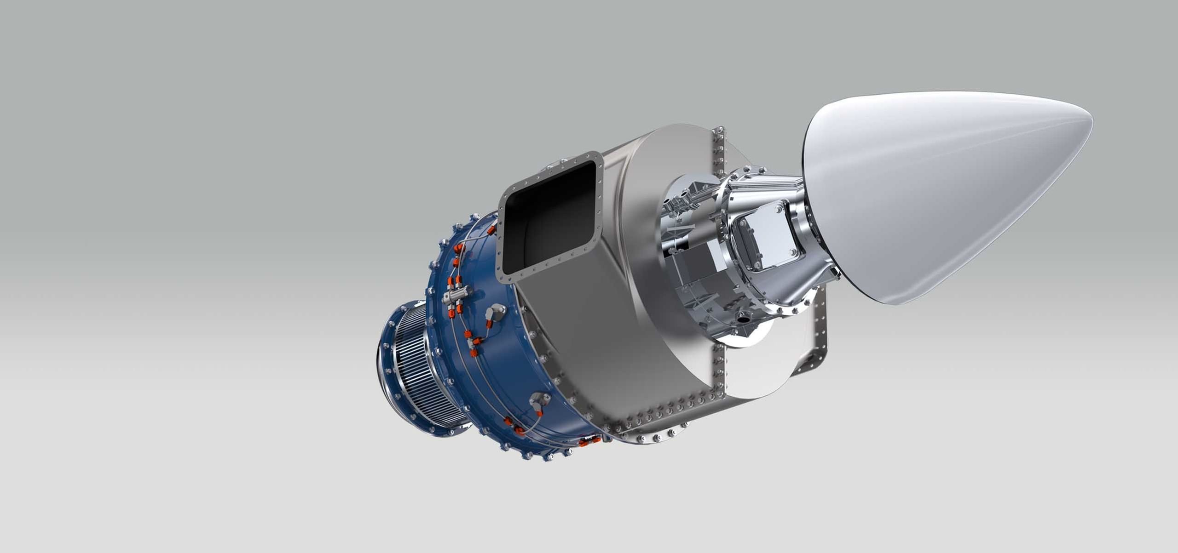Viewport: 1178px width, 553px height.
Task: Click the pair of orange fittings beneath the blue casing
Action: point(589,441)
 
